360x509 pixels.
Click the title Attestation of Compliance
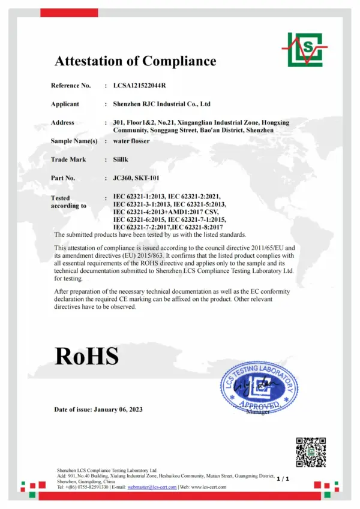(135, 61)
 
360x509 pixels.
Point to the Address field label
(62, 122)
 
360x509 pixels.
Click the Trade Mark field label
(68, 159)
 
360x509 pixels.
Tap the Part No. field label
(63, 178)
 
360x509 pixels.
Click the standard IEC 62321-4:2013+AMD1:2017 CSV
(166, 212)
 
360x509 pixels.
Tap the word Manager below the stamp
(258, 412)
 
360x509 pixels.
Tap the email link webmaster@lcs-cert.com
(152, 487)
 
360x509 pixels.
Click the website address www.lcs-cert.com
(209, 487)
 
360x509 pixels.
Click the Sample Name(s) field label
(74, 141)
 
